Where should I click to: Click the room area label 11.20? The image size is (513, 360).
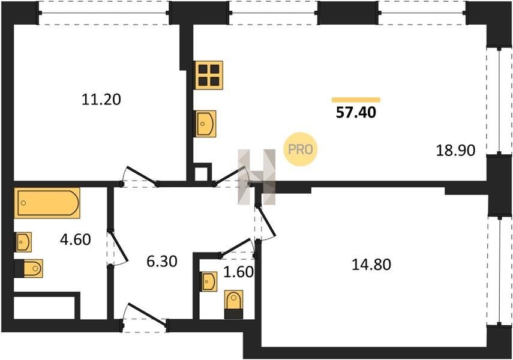point(101,99)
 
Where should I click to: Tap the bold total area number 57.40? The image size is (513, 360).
point(356,113)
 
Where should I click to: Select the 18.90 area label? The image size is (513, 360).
point(455,150)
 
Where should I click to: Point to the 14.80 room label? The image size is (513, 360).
point(371,265)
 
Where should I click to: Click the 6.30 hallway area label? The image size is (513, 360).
point(162,262)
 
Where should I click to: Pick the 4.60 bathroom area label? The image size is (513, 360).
point(75,239)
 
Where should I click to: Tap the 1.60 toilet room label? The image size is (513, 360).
point(239,272)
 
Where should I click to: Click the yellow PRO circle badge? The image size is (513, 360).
point(301,149)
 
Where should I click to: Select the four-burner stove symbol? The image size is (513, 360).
point(208,75)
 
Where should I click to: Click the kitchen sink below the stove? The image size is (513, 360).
point(205,124)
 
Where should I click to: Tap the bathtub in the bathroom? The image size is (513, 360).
point(47,203)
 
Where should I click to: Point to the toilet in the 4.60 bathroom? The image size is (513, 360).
point(29,268)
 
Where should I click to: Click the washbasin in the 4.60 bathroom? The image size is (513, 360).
point(23,242)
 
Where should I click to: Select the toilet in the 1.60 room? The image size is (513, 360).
point(233,304)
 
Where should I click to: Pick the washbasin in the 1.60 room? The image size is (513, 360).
point(209,281)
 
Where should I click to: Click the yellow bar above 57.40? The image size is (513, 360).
point(356,100)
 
